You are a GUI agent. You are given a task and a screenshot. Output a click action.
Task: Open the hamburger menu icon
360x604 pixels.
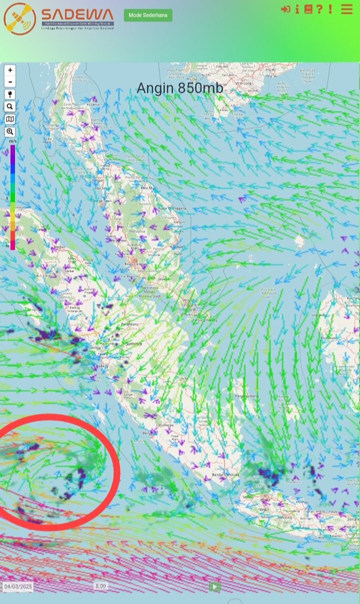[346, 9]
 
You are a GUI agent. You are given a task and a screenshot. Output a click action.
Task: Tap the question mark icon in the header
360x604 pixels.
[319, 9]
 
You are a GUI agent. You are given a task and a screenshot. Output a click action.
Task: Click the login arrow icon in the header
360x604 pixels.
[285, 9]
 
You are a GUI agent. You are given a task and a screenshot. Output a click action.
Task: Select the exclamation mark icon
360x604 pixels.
[330, 9]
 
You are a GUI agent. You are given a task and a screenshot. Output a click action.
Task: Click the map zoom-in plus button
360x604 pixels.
[10, 70]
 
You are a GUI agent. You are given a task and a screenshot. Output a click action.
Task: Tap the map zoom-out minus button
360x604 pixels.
[10, 82]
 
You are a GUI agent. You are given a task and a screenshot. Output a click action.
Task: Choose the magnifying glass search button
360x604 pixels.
[10, 107]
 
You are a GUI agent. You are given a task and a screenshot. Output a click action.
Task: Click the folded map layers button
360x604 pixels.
[10, 119]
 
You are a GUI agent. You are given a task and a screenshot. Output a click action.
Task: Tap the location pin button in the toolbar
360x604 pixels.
[10, 95]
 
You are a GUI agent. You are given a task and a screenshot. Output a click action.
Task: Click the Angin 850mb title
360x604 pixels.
[180, 88]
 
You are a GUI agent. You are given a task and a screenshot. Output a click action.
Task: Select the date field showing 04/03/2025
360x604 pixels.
[18, 586]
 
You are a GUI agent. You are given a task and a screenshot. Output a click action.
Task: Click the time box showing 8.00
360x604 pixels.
[100, 586]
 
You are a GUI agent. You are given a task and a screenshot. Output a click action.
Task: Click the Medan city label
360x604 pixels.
[60, 247]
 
